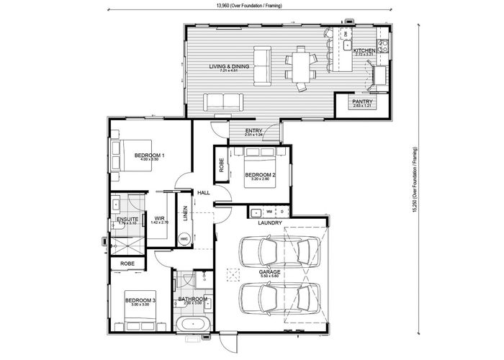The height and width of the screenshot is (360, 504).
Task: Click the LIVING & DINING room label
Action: pyautogui.click(x=229, y=67)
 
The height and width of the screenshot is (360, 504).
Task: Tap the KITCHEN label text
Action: pyautogui.click(x=364, y=50)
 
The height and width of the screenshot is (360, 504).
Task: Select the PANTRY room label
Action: pyautogui.click(x=361, y=102)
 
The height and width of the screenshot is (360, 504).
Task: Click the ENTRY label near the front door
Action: pyautogui.click(x=253, y=130)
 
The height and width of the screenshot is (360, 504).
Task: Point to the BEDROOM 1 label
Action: pyautogui.click(x=150, y=155)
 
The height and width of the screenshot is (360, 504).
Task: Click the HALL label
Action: pyautogui.click(x=203, y=192)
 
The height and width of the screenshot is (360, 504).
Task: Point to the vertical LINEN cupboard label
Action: pyautogui.click(x=185, y=214)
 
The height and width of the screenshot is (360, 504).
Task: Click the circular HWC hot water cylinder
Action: pyautogui.click(x=184, y=238)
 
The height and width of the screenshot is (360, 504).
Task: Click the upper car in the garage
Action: pyautogui.click(x=278, y=252)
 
